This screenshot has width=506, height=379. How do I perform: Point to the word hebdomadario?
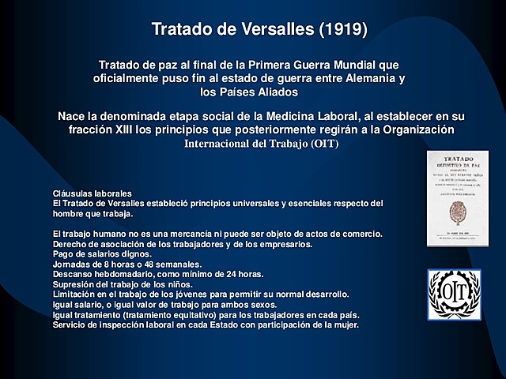click(x=123, y=275)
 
